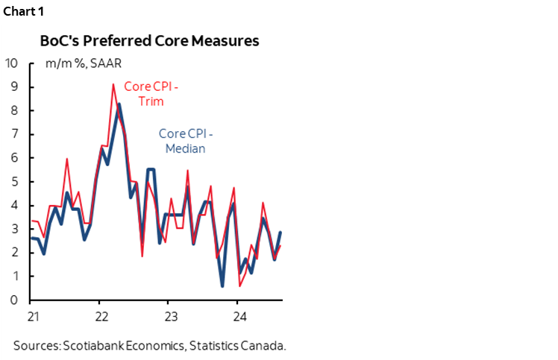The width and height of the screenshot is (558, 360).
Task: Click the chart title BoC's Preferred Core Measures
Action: (149, 41)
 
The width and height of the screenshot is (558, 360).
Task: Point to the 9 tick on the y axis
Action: (13, 86)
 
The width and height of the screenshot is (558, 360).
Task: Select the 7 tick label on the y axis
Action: (13, 134)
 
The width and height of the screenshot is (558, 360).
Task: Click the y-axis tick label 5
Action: (13, 182)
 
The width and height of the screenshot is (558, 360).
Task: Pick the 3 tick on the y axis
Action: (13, 229)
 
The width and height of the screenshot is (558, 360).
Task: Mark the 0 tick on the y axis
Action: (13, 300)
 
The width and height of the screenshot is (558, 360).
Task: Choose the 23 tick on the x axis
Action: (169, 316)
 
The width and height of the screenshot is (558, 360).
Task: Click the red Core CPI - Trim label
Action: (151, 93)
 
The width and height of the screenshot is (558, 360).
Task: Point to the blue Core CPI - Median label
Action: (186, 142)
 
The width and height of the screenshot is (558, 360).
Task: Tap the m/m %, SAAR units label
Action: (78, 63)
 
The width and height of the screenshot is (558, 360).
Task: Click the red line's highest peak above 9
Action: (113, 84)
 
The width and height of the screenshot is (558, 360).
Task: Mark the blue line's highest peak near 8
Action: (119, 104)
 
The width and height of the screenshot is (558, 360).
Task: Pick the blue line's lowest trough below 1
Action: (222, 285)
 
